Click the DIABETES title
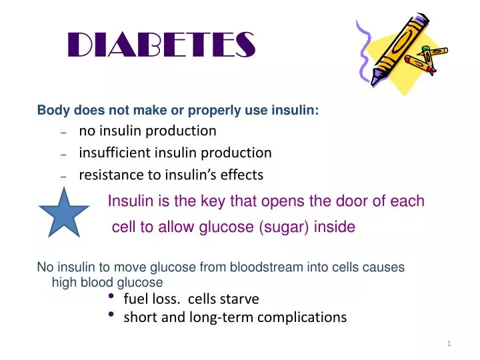point(162,45)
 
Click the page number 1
point(449,343)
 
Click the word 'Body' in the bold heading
point(50,111)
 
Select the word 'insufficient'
point(115,153)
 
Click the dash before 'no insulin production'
point(63,132)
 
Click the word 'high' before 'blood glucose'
point(64,282)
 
